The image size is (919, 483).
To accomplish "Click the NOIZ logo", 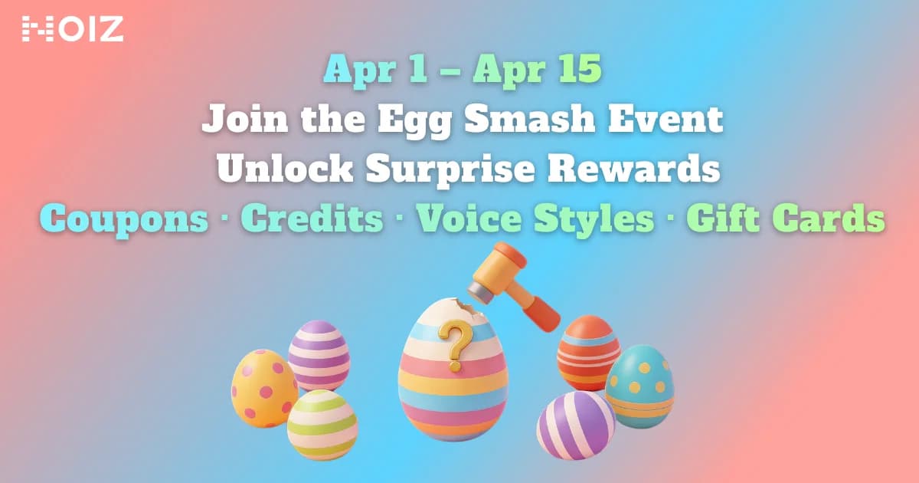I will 72,29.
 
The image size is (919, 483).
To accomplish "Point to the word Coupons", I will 123,219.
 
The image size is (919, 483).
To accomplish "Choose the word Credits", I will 312,219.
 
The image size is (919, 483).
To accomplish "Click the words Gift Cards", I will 786,219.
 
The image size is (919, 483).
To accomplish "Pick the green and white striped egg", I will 322,425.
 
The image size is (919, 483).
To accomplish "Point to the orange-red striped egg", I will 588,352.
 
